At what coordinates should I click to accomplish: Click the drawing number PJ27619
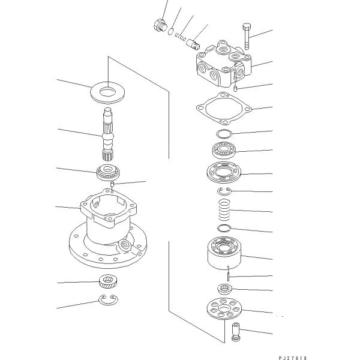[x=293, y=358]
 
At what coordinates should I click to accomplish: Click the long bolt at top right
[x=247, y=36]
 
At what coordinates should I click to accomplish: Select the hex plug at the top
[x=160, y=25]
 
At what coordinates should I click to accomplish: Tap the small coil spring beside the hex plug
[x=181, y=37]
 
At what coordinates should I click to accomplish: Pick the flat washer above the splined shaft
[x=107, y=92]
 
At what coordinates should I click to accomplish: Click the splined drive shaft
[x=108, y=134]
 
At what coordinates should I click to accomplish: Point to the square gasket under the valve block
[x=224, y=109]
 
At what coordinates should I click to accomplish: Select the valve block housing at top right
[x=224, y=64]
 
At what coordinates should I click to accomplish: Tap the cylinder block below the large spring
[x=224, y=253]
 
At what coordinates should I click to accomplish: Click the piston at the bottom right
[x=236, y=332]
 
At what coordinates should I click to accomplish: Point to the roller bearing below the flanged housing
[x=108, y=281]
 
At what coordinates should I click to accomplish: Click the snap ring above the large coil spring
[x=224, y=191]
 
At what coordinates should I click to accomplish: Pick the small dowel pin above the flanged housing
[x=112, y=184]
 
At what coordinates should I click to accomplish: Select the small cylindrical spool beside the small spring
[x=193, y=44]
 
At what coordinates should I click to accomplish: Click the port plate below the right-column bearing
[x=224, y=172]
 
